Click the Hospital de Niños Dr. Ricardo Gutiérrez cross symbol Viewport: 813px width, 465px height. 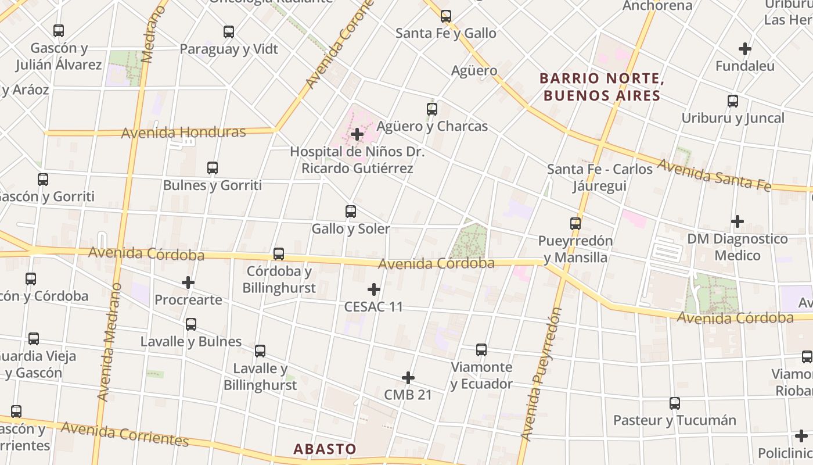pos(357,135)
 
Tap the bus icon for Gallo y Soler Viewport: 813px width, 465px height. pos(351,212)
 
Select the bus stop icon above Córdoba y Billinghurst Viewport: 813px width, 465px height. pos(279,254)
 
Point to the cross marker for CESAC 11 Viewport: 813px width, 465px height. pos(374,289)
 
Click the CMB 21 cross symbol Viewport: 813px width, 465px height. pos(408,378)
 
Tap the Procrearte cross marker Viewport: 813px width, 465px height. pos(188,283)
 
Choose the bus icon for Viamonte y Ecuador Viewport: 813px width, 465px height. pos(481,350)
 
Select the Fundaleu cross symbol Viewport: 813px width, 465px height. pos(745,49)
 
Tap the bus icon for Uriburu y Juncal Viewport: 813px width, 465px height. pos(733,101)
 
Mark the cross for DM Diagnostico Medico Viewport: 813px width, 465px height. pos(738,221)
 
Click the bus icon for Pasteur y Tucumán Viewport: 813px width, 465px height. pos(675,403)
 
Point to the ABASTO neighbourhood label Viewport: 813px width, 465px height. pos(325,449)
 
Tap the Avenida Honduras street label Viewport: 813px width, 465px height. pos(184,133)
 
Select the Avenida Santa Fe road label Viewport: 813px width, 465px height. pos(714,174)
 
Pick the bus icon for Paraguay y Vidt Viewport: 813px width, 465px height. pos(229,32)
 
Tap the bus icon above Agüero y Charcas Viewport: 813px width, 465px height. pos(432,109)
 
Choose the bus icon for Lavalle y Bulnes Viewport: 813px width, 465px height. pos(191,324)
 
